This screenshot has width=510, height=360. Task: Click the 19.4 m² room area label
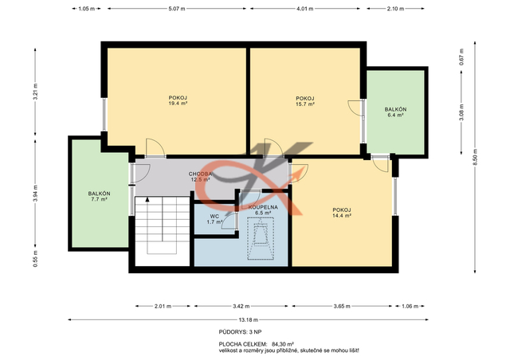178,104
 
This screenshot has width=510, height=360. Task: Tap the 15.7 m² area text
304,104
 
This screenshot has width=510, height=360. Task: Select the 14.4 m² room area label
342,215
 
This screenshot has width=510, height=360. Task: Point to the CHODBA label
200,174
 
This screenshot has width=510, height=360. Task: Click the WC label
214,217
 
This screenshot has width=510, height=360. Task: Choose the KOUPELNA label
263,207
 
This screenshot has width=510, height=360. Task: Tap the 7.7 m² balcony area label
99,199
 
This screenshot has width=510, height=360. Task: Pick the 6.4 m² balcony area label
395,115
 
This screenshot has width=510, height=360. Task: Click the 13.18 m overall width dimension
248,319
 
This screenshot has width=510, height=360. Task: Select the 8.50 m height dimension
475,157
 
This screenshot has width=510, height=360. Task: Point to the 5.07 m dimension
177,9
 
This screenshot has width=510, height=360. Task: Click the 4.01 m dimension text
304,9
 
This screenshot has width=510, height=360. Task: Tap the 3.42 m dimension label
241,306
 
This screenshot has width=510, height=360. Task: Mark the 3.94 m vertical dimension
35,194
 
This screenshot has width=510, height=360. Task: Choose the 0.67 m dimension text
461,57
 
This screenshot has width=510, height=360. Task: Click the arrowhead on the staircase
147,199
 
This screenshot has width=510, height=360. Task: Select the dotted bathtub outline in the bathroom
261,238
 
